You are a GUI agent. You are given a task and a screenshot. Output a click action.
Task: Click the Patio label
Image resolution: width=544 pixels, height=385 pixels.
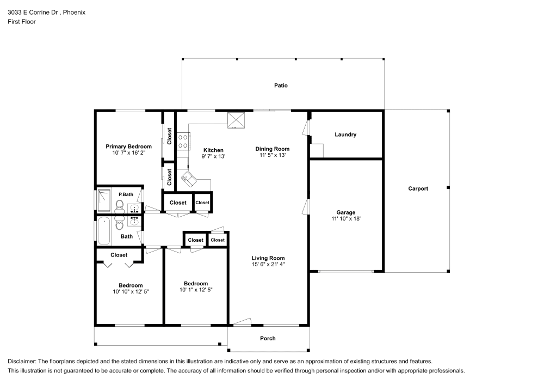pos(281,85)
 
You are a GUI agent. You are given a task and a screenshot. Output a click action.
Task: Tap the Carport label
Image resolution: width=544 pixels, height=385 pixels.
pos(418,188)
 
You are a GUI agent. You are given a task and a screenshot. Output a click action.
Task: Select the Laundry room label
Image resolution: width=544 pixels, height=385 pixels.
pos(345,135)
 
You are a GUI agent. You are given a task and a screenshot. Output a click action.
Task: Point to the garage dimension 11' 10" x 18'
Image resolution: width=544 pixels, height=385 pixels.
pos(345,218)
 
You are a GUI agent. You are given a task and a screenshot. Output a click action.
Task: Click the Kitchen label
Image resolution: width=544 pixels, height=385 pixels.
pos(213,150)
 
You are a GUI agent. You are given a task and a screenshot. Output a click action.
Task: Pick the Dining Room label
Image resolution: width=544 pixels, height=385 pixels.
pos(273,149)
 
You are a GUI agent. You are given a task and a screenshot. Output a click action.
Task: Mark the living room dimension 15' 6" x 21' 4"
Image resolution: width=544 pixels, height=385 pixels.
pos(268,265)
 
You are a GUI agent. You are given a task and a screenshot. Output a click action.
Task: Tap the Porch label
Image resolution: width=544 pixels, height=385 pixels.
pos(268,338)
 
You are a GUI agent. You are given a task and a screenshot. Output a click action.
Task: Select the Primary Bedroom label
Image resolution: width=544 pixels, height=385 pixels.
pos(128,146)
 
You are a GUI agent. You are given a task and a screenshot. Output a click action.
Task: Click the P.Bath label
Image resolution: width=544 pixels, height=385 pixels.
pos(126,194)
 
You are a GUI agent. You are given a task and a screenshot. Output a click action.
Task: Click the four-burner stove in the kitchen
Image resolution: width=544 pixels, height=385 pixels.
pos(183,142)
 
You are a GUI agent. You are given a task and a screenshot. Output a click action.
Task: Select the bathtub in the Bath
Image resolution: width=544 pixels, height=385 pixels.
pos(103,231)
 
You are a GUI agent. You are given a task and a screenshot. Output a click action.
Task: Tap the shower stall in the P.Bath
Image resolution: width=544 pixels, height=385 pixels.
pos(103,199)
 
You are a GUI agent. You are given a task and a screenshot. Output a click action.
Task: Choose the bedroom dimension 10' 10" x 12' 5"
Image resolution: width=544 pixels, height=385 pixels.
pos(131,292)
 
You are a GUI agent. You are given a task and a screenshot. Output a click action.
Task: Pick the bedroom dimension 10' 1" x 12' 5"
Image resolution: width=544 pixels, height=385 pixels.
pos(195,290)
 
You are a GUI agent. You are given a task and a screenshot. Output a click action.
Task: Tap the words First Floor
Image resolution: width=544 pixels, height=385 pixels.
pos(21,22)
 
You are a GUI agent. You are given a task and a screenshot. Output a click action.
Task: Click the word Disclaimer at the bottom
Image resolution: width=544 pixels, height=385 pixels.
pos(22,361)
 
